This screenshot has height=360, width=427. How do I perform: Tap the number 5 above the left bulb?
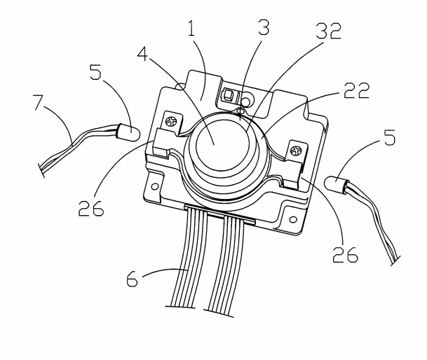(96, 73)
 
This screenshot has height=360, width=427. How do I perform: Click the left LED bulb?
(128, 130)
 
